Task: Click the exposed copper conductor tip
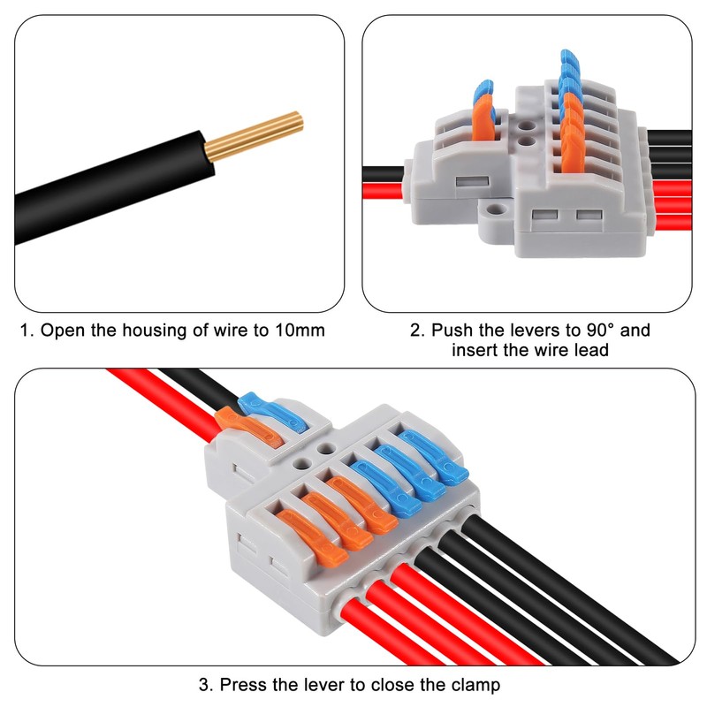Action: (256, 133)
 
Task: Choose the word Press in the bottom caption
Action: (244, 684)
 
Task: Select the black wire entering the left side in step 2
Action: (384, 171)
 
